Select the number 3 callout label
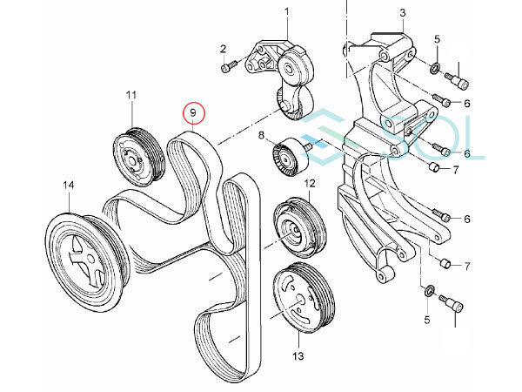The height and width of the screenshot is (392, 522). pos(403,11)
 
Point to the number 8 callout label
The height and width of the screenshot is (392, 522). pos(259,135)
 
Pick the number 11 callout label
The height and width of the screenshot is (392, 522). pos(131,94)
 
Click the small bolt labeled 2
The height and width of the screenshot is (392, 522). pos(229,66)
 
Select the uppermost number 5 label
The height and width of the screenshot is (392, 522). pos(438,39)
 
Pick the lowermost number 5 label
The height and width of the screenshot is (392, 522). pos(426,321)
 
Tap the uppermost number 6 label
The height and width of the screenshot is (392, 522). pos(466,104)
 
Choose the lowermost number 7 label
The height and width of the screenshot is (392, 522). pos(467,265)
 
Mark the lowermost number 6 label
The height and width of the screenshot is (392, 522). pos(466,219)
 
